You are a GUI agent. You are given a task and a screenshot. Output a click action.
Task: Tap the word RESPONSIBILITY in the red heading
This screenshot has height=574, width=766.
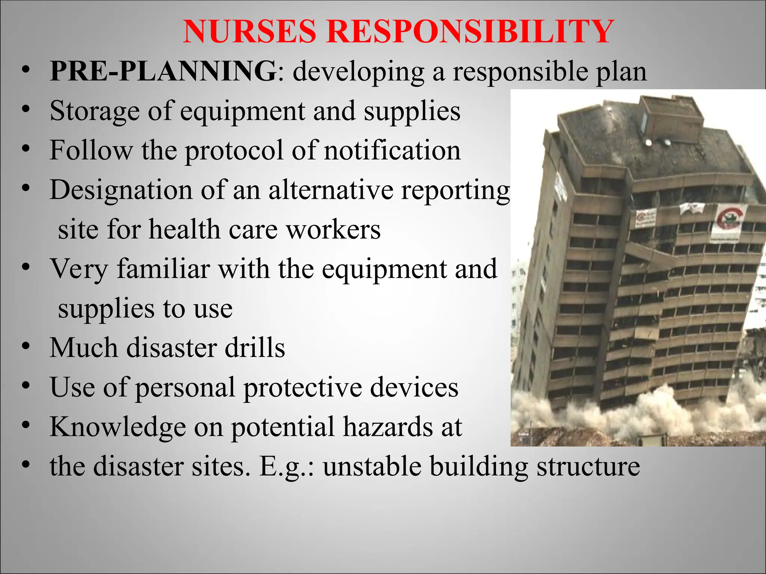[470, 32]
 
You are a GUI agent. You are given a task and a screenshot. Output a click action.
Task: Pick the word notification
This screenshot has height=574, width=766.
[392, 150]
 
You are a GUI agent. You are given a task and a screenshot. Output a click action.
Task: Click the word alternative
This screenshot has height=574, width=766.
[331, 190]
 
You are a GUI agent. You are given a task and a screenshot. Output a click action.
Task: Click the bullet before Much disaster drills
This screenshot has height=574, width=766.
[25, 346]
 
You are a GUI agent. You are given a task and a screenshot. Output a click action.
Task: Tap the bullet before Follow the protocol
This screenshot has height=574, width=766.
[25, 149]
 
